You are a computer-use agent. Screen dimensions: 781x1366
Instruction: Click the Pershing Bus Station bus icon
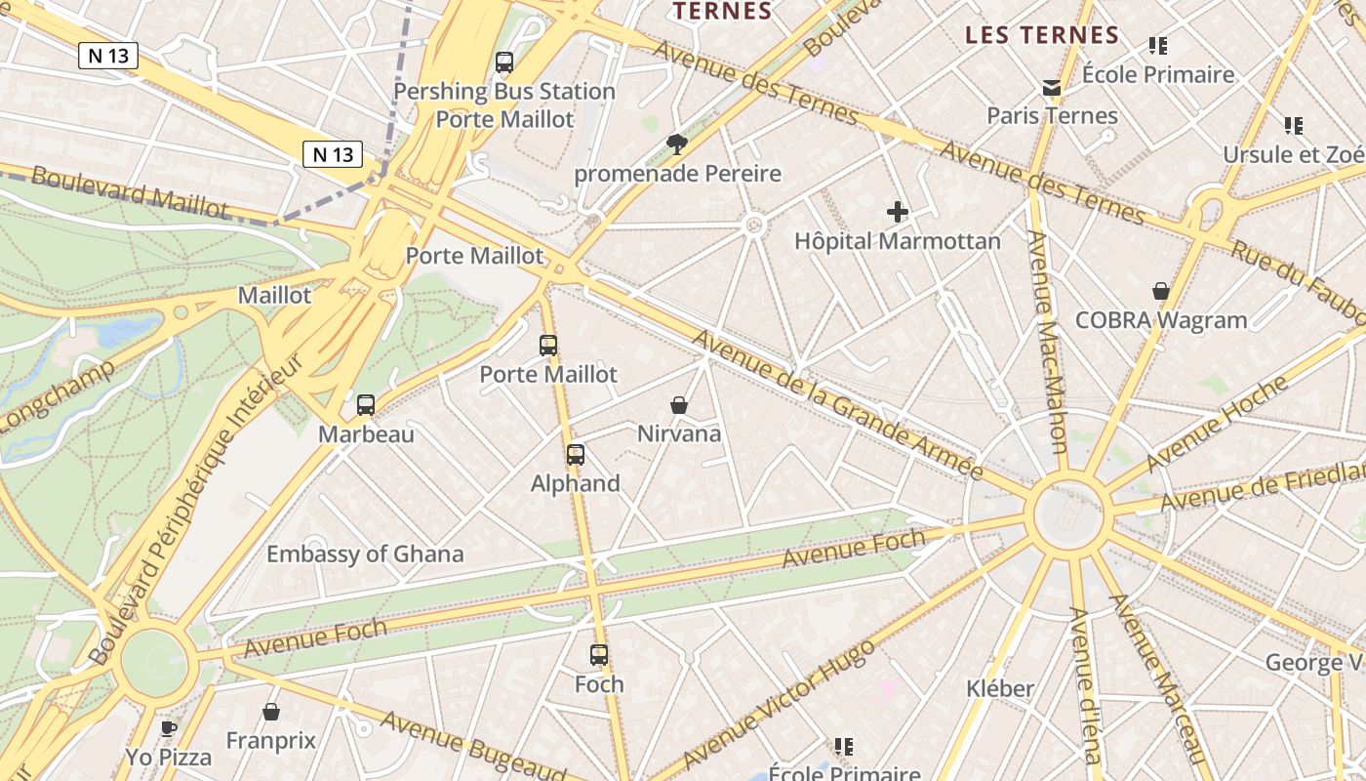504,62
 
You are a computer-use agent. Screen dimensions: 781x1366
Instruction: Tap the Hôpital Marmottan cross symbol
898,211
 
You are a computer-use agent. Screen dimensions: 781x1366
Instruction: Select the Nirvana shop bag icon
679,404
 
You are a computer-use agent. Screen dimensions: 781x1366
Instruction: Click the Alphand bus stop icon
576,454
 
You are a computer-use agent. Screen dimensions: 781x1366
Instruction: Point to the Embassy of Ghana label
365,554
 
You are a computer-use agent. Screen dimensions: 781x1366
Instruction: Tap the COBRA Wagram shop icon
1161,291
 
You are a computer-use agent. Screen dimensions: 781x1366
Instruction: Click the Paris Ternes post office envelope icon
1052,88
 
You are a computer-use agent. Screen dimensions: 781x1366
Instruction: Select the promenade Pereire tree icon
676,145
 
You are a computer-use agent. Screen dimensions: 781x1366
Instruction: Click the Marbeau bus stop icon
366,404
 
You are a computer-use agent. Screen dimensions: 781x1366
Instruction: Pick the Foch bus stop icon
599,655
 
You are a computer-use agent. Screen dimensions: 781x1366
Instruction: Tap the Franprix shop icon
271,712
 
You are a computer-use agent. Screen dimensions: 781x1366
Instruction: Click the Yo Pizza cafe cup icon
169,727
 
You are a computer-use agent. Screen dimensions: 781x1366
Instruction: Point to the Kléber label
1000,688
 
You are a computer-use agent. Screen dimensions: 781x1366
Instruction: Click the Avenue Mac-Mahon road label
1047,342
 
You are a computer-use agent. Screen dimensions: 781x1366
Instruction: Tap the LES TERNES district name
1041,35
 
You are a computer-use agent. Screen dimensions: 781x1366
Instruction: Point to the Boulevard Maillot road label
129,191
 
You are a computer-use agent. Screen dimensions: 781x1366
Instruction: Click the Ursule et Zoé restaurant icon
1294,125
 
